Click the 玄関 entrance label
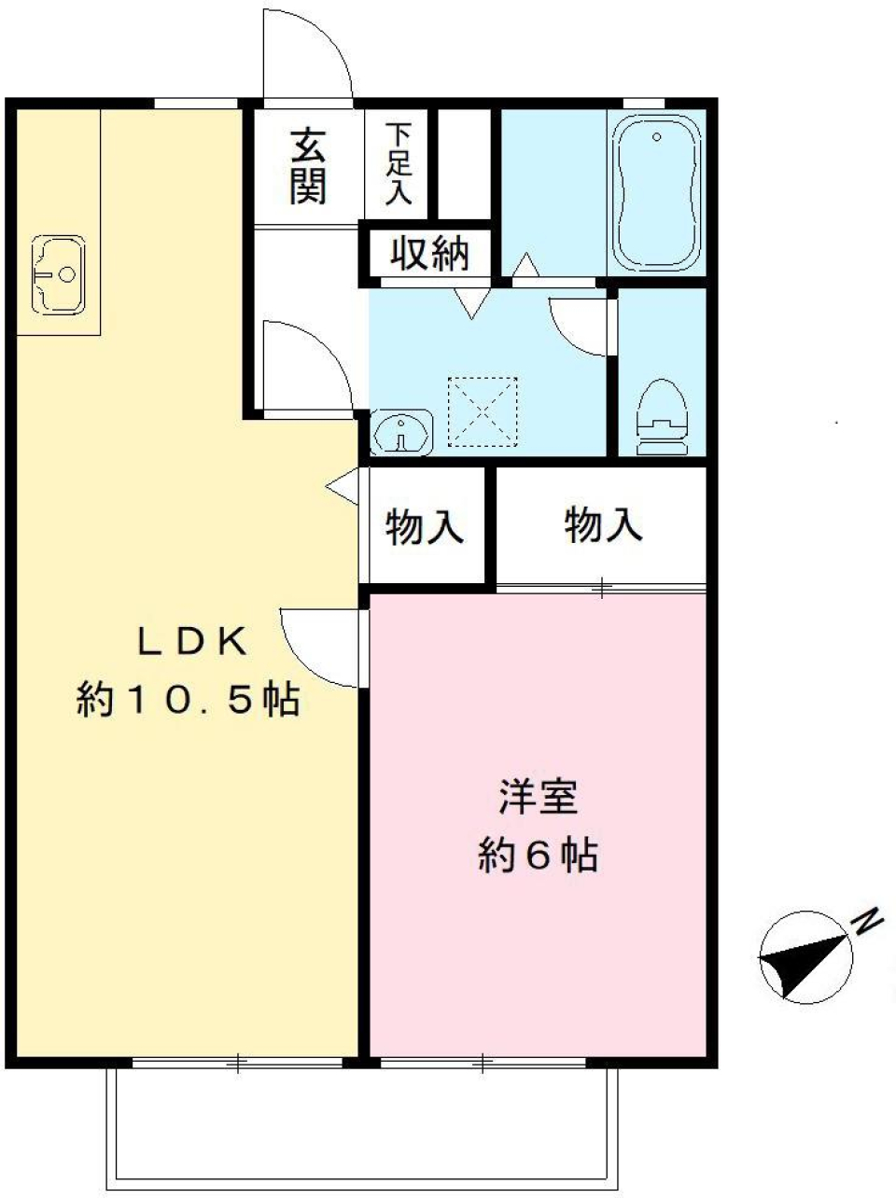click(307, 166)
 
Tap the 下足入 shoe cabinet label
click(399, 164)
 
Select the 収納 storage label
click(429, 253)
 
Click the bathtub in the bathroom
click(656, 195)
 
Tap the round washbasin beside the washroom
click(401, 433)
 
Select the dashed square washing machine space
click(483, 411)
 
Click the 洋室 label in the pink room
click(538, 799)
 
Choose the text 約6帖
click(538, 855)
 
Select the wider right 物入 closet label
click(603, 526)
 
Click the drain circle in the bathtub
click(657, 137)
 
